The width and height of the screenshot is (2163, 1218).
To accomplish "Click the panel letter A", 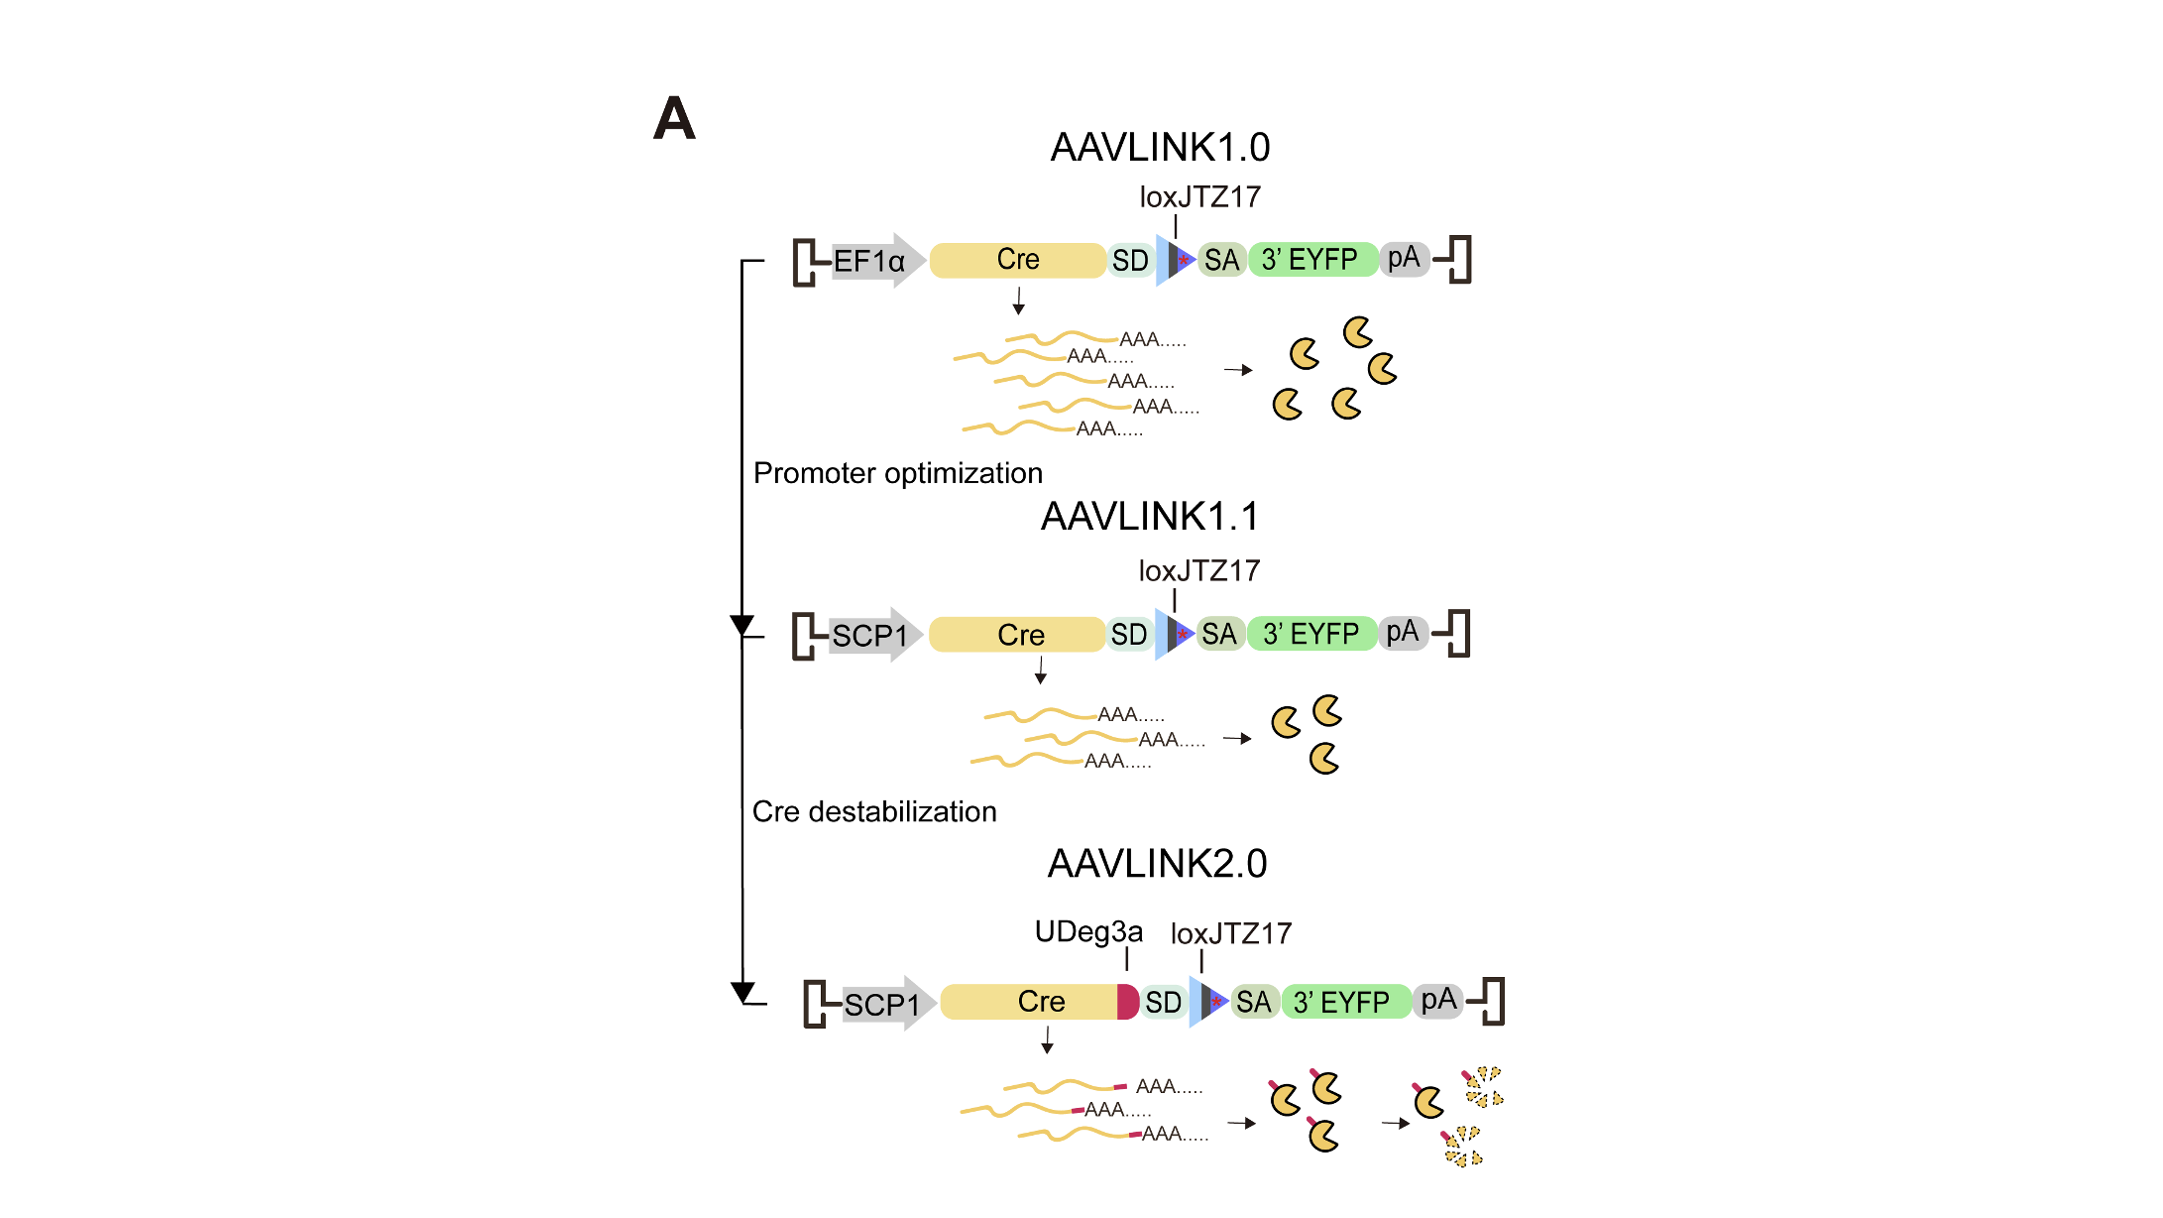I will [x=674, y=119].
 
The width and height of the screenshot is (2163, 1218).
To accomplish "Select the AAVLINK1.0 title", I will [x=1160, y=148].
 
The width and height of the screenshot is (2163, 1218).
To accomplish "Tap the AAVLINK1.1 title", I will [x=1150, y=517].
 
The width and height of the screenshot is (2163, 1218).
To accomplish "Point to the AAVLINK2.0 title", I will [x=1157, y=864].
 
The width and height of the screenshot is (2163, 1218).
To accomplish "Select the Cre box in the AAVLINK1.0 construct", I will [x=1017, y=260].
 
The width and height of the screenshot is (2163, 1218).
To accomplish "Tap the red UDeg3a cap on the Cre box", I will [x=1127, y=1002].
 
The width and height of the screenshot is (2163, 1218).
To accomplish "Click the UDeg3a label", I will [x=1088, y=932].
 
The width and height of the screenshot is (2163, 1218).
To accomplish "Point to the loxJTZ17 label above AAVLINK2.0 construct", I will [x=1231, y=934].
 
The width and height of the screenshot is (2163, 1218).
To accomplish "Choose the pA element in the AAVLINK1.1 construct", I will [x=1402, y=633].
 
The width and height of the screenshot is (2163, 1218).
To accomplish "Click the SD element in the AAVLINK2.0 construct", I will [x=1163, y=1003].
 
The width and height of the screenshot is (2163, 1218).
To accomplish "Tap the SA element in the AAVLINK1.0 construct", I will [x=1221, y=261].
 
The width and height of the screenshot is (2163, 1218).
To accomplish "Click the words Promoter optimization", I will [x=898, y=473].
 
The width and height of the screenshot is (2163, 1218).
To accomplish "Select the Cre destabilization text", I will [x=874, y=812].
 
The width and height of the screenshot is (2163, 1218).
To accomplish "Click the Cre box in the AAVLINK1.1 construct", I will [x=1019, y=635].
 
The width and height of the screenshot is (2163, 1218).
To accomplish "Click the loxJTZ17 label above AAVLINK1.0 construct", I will [x=1199, y=197].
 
